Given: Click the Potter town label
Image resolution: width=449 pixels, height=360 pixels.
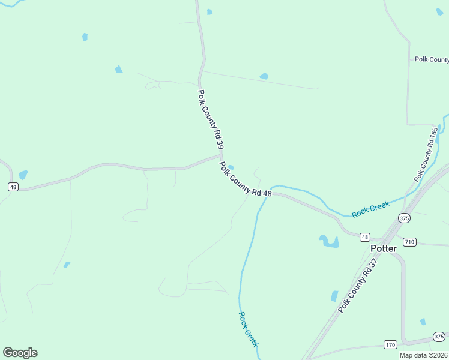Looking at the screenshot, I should click(x=383, y=248).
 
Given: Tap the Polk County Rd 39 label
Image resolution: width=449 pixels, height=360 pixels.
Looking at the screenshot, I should click(x=211, y=119).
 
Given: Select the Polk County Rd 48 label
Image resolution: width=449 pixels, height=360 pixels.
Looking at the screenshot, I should click(x=246, y=179).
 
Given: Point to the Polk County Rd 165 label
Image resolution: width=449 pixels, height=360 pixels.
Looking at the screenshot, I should click(x=427, y=154).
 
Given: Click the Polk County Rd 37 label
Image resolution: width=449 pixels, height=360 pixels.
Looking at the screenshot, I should click(x=360, y=284).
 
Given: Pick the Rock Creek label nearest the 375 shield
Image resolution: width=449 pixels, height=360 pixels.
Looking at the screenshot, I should click(x=370, y=209).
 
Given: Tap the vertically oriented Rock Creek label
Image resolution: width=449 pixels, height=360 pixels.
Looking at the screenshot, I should click(x=248, y=329).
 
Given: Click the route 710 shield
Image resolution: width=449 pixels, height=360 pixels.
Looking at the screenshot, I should click(x=409, y=242).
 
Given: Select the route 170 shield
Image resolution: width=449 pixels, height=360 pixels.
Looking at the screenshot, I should click(x=390, y=344).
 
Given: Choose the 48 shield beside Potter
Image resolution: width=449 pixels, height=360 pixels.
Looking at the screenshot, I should click(x=365, y=237).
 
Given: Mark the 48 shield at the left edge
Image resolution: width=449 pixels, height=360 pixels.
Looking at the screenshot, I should click(x=14, y=187).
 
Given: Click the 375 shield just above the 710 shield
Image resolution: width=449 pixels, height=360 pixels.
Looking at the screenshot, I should click(x=404, y=218).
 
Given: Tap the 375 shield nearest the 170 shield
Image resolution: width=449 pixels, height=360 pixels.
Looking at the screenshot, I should click(x=439, y=337).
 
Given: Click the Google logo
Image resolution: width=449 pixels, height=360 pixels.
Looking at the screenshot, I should click(x=20, y=352).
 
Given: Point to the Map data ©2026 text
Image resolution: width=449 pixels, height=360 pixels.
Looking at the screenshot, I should click(x=423, y=355).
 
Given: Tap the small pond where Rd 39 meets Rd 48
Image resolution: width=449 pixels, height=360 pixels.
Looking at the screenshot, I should click(x=231, y=168).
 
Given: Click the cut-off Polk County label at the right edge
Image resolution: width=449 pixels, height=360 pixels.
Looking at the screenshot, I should click(x=432, y=59).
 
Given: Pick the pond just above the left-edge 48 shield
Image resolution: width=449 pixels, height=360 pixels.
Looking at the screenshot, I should click(x=23, y=175).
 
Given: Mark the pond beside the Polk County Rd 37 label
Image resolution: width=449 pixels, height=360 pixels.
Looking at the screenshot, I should click(x=334, y=296).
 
